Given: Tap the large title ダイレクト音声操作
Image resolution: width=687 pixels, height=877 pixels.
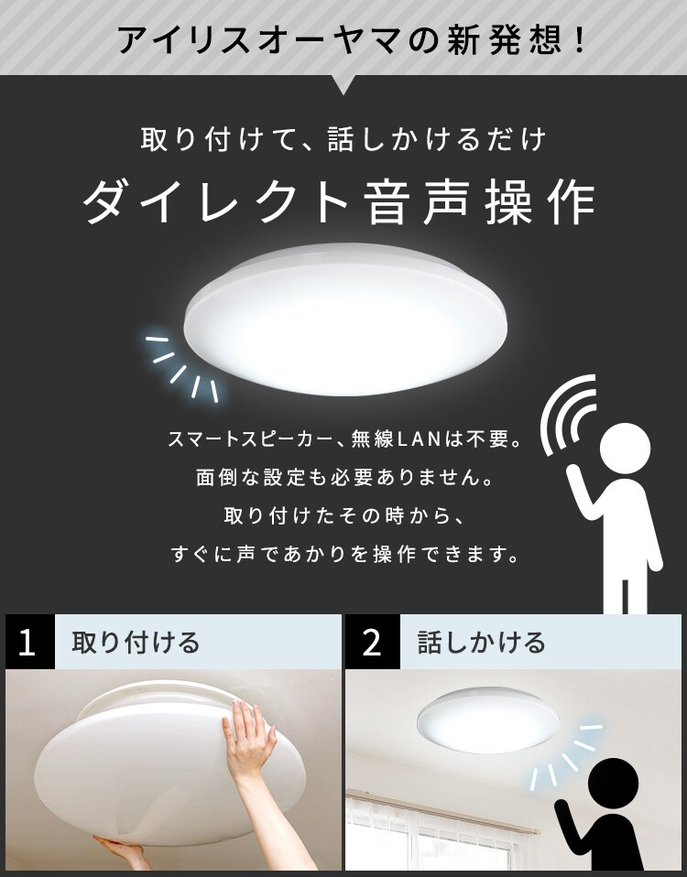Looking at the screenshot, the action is pyautogui.click(x=340, y=201).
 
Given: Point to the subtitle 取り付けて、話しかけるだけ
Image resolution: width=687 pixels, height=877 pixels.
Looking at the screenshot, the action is pyautogui.click(x=343, y=139).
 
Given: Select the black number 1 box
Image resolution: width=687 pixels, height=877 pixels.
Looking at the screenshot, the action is pyautogui.click(x=30, y=642).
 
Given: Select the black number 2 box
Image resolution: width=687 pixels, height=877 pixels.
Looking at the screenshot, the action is pyautogui.click(x=372, y=642).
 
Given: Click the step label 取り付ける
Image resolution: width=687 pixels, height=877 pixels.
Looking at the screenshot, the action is pyautogui.click(x=136, y=642).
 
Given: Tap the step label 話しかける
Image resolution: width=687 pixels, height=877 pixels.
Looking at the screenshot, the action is pyautogui.click(x=481, y=642).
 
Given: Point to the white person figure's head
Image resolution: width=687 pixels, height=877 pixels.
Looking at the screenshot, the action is pyautogui.click(x=625, y=448).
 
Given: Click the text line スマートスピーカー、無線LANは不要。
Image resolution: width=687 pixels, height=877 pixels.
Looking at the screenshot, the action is pyautogui.click(x=345, y=439).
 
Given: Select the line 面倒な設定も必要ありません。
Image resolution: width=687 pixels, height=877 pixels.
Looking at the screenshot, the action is pyautogui.click(x=345, y=477).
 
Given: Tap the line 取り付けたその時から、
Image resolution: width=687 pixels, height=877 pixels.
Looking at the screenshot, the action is pyautogui.click(x=345, y=515).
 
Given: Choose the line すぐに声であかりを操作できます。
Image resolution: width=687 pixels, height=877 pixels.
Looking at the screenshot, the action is pyautogui.click(x=345, y=554).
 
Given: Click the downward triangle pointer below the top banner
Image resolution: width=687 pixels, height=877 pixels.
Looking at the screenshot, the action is pyautogui.click(x=343, y=84).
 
